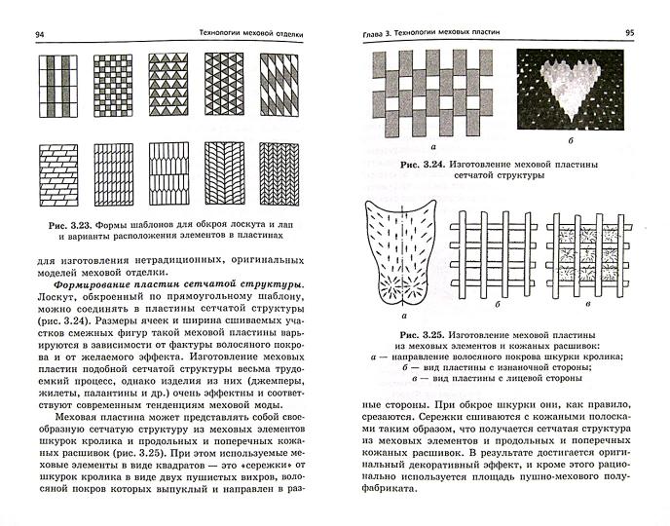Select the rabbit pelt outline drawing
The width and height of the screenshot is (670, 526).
pyautogui.click(x=402, y=255)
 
